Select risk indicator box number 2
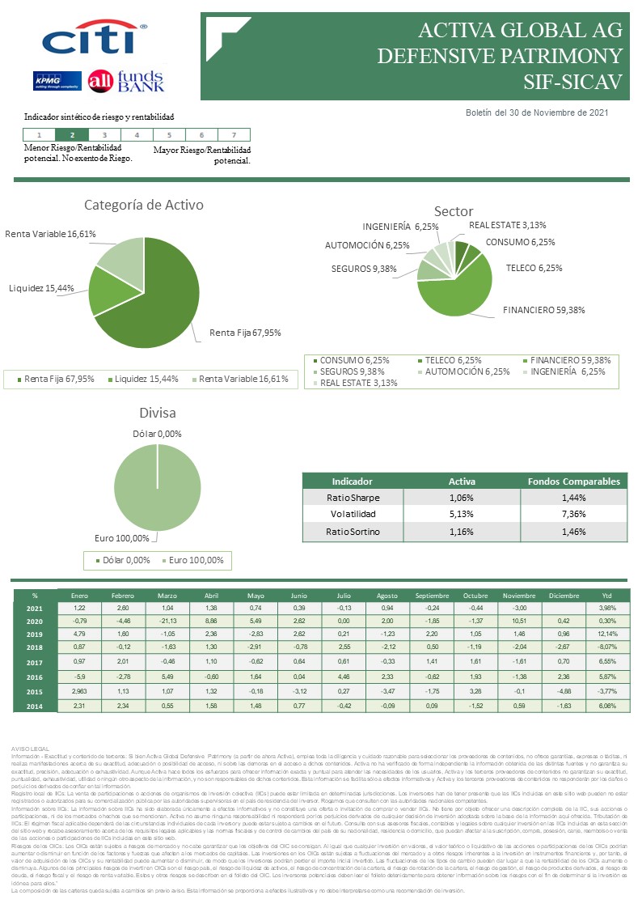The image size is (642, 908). (73, 135)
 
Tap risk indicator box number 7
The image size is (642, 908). (234, 135)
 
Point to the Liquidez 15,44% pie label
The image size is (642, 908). (41, 288)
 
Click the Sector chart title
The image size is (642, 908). (454, 212)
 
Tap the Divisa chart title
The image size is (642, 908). (158, 413)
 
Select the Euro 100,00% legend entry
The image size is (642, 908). (196, 560)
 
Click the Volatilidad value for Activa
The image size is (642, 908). (462, 514)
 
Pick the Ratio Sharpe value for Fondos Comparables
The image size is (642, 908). (573, 498)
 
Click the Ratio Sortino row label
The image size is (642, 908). (353, 532)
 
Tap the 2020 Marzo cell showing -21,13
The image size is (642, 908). (168, 622)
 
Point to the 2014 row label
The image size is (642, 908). (35, 706)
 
